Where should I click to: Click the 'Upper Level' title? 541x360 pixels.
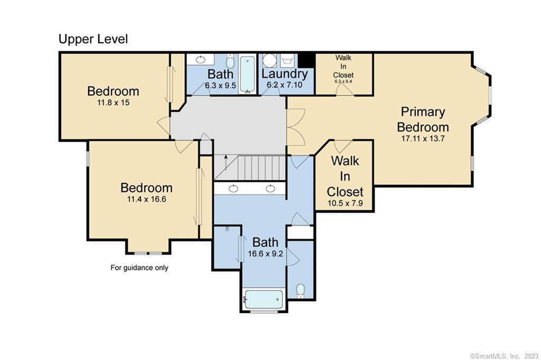pos(93,39)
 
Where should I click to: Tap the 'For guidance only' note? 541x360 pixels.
pos(139,267)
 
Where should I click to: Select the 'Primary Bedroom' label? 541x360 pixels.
pos(423,119)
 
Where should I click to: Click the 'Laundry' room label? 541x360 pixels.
pos(285,74)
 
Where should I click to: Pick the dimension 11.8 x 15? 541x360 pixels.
pos(113,103)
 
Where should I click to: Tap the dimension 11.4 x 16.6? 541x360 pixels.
pos(147,199)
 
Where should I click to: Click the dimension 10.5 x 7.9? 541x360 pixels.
pos(345,203)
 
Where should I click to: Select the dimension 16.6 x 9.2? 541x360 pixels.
pos(265,254)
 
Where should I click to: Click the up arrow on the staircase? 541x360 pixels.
pos(226,163)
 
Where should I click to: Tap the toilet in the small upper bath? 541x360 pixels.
pos(230,61)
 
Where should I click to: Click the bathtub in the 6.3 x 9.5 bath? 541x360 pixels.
pos(247,75)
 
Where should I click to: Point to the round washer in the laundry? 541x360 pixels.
pos(269,61)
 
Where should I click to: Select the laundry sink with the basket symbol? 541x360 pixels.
pos(287,61)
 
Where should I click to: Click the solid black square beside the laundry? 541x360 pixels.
pos(306,60)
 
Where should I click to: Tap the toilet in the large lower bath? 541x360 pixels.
pos(301,291)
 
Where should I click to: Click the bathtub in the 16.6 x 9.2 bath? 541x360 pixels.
pos(263,299)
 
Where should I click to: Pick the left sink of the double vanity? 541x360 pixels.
pos(234,188)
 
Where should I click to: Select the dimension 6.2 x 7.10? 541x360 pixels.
pos(285,85)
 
